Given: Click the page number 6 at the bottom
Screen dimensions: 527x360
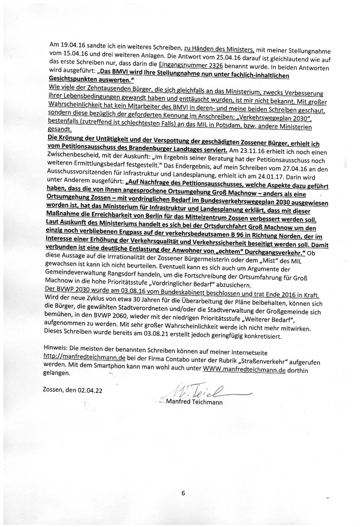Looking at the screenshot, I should click(x=183, y=493).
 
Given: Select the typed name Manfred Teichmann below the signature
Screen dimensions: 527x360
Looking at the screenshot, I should click(x=194, y=402).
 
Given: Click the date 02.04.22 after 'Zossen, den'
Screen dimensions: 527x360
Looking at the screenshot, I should click(x=90, y=391).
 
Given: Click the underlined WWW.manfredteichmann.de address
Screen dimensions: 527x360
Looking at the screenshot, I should click(x=244, y=370).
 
